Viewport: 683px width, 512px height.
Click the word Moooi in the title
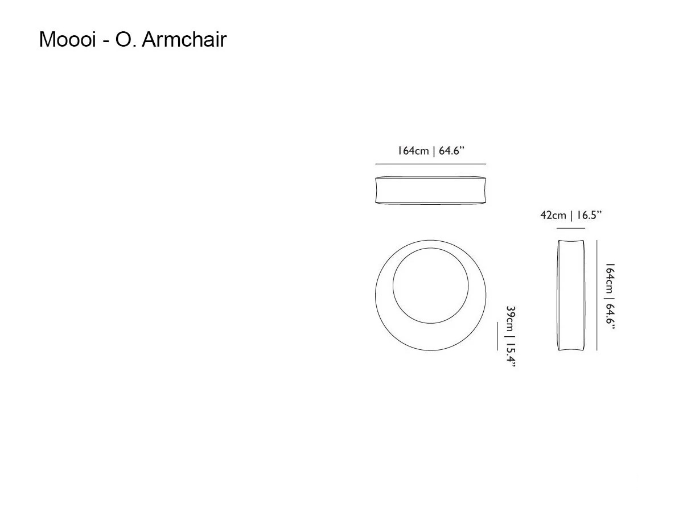click(67, 39)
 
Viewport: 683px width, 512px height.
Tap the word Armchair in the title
click(184, 39)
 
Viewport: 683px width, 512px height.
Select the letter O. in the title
click(126, 39)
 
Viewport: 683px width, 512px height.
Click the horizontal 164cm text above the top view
click(413, 151)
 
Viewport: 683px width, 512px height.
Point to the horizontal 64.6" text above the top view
click(451, 151)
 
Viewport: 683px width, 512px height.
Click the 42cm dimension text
click(553, 215)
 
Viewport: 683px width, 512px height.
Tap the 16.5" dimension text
click(589, 215)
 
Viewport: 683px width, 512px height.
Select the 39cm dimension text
click(511, 319)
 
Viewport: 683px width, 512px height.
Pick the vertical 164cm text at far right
click(610, 279)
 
